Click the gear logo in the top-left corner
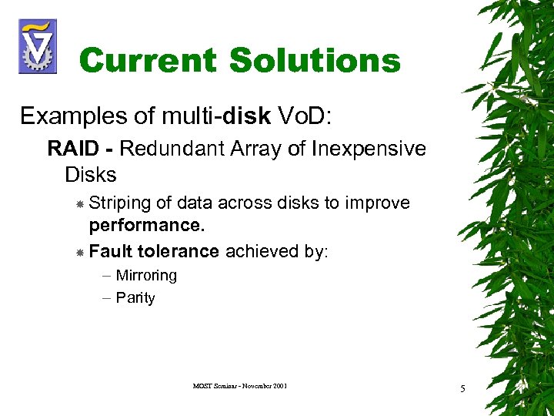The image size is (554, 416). pos(37,46)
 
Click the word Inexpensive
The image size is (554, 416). pos(369,148)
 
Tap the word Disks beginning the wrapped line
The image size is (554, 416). pos(91,175)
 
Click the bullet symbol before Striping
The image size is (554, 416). pos(79,203)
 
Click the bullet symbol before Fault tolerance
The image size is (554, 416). pos(79,252)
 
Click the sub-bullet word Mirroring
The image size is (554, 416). pos(146,276)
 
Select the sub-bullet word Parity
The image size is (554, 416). pos(135,298)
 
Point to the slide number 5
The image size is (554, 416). pos(462,388)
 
